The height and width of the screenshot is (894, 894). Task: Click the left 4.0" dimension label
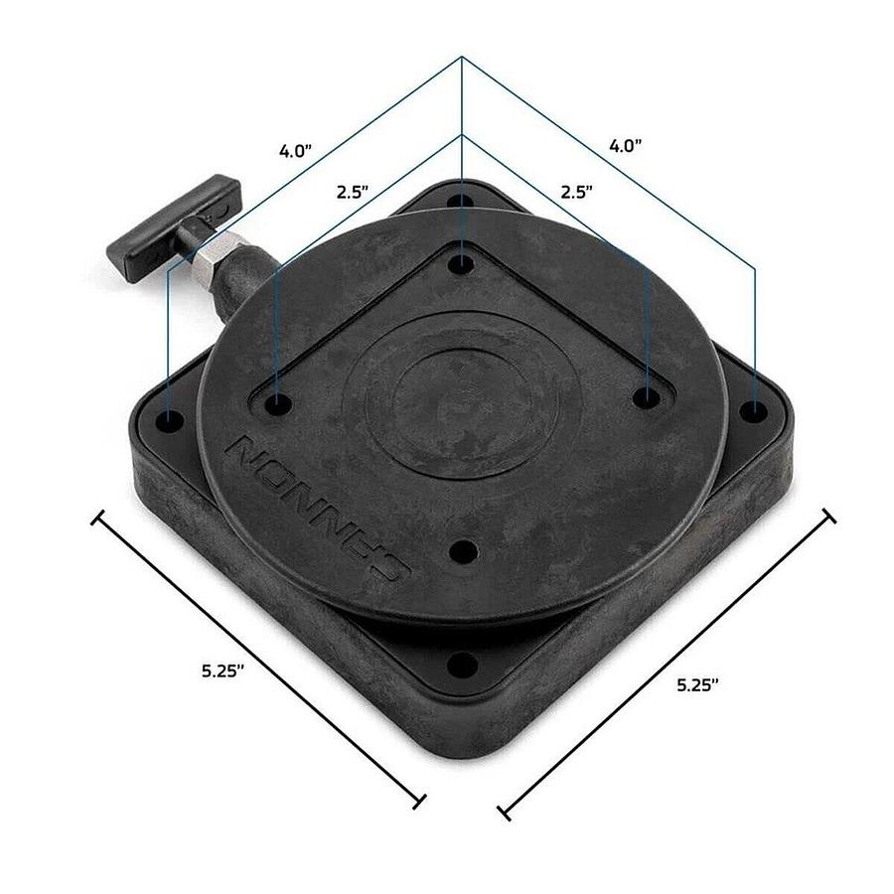(x=296, y=152)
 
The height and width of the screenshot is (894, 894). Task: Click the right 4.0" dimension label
(x=626, y=145)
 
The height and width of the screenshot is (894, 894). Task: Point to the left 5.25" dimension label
(x=223, y=670)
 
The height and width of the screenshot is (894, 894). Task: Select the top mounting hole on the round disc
(x=462, y=264)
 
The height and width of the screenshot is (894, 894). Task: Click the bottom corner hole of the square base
(x=460, y=665)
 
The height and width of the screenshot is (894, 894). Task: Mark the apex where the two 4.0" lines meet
(x=462, y=58)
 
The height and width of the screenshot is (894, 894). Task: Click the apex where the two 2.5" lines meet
(x=462, y=134)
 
